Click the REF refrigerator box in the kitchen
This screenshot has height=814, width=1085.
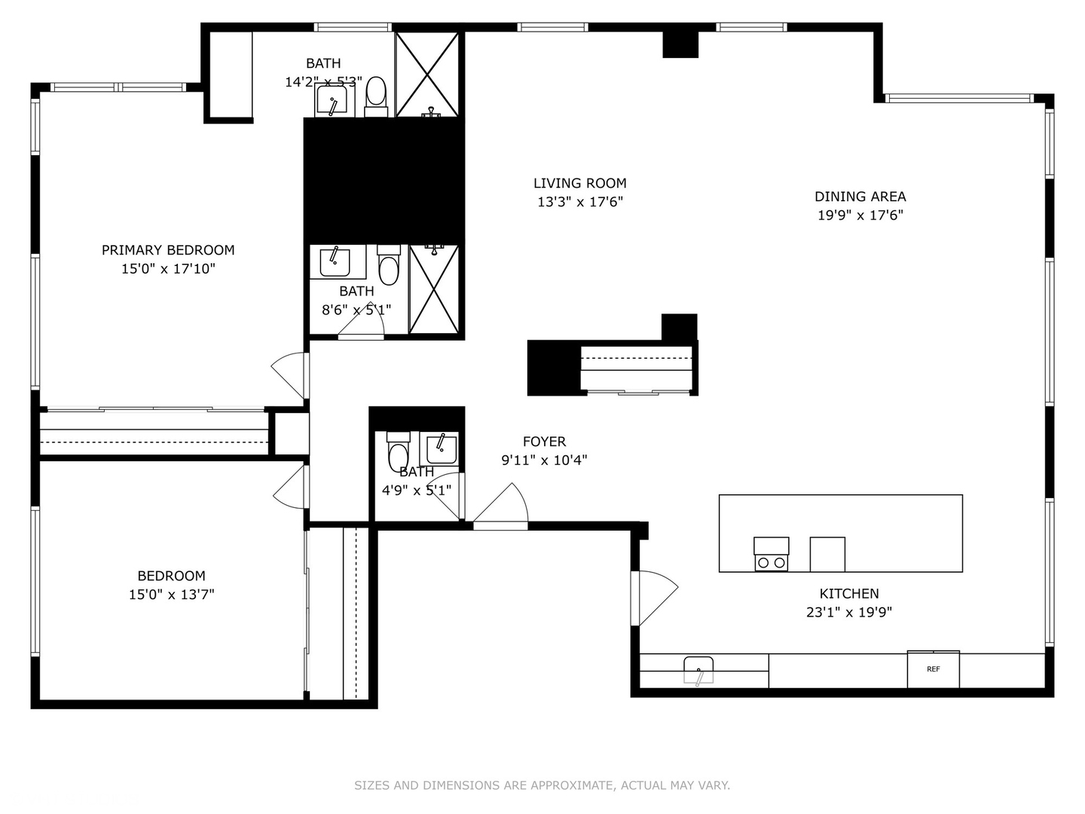click(933, 669)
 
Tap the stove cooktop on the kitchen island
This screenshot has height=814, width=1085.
click(771, 555)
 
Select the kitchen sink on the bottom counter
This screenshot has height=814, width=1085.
click(698, 669)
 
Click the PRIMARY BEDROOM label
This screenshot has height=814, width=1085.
click(168, 250)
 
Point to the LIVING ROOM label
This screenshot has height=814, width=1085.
click(579, 183)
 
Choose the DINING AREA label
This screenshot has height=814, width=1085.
click(860, 197)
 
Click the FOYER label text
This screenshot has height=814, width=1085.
click(544, 442)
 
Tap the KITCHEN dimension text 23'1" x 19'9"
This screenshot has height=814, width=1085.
click(848, 612)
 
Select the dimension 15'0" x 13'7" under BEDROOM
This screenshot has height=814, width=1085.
click(171, 595)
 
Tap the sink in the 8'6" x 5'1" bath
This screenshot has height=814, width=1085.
click(335, 262)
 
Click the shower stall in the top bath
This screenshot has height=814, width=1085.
click(427, 74)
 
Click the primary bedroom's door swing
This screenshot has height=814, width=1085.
click(290, 374)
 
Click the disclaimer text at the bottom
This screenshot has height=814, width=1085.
click(542, 785)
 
